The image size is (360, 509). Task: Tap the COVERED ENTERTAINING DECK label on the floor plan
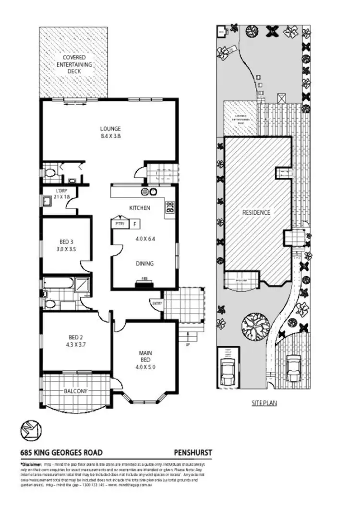pyautogui.click(x=74, y=64)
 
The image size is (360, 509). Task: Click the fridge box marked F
pyautogui.click(x=135, y=223)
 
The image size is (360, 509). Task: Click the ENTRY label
pyautogui.click(x=156, y=303)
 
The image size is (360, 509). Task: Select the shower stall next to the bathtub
pyautogui.click(x=83, y=285)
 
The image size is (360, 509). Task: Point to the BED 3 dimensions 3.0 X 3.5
pyautogui.click(x=66, y=249)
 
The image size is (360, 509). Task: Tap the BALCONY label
pyautogui.click(x=75, y=391)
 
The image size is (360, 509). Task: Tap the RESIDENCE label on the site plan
pyautogui.click(x=256, y=212)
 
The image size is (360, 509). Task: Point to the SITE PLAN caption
pyautogui.click(x=264, y=403)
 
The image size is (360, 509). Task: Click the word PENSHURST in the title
pyautogui.click(x=192, y=452)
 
